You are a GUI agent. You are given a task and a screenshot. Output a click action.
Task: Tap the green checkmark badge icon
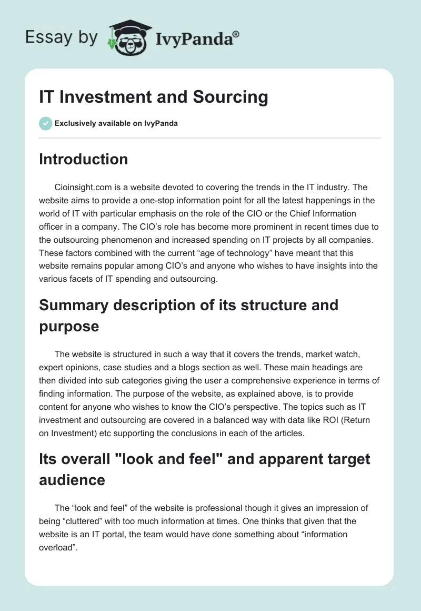pyautogui.click(x=45, y=123)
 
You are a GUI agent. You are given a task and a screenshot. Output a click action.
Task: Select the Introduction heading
pyautogui.click(x=83, y=159)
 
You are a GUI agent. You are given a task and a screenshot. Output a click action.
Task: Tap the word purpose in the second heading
pyautogui.click(x=69, y=326)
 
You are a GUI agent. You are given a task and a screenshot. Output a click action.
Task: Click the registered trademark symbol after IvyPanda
pyautogui.click(x=236, y=34)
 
